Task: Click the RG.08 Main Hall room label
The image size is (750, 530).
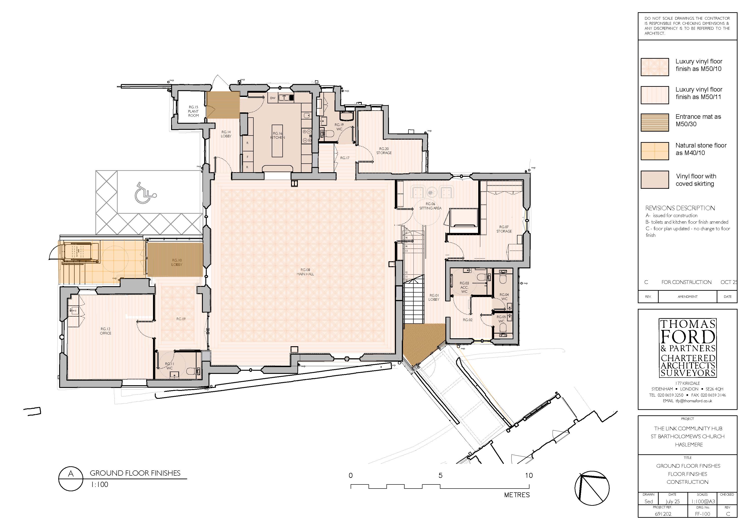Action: (x=305, y=272)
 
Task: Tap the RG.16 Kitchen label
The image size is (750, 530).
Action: (x=278, y=136)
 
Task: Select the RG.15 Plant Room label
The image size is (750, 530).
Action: (x=193, y=111)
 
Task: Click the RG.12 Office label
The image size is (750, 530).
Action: (x=106, y=331)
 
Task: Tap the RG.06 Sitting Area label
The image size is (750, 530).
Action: (x=430, y=206)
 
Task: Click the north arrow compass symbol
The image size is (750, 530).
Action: (x=592, y=489)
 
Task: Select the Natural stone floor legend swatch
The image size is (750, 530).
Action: (x=655, y=151)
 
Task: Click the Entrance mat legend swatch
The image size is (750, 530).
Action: (x=655, y=122)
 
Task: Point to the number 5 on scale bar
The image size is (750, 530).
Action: (x=440, y=475)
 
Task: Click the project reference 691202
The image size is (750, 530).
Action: (x=663, y=514)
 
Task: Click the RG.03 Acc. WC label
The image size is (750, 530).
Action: (x=464, y=287)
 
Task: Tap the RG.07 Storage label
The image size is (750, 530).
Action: (x=504, y=229)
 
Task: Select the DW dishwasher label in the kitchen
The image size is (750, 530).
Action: (x=273, y=98)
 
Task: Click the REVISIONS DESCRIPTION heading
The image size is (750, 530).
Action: (x=680, y=208)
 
